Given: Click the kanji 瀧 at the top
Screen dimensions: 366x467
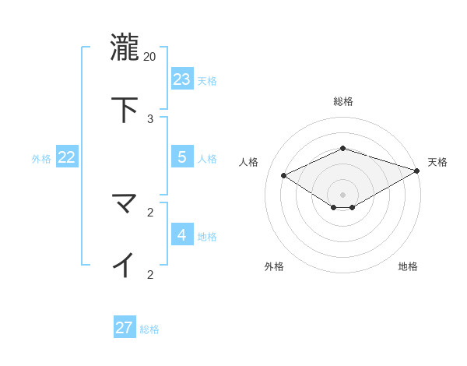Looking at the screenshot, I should click(x=125, y=47).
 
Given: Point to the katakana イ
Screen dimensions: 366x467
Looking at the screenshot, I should click(x=125, y=265).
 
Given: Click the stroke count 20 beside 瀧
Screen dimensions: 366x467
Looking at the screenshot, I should click(x=150, y=56).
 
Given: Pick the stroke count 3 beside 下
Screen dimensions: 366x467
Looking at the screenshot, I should click(x=150, y=118).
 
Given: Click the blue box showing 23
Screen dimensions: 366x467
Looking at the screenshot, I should click(x=182, y=79).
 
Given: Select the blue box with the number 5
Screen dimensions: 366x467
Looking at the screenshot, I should click(x=182, y=157).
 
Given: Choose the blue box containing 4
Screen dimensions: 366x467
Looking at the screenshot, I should click(x=182, y=234).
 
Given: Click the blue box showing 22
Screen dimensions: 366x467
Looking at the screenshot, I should click(x=67, y=157).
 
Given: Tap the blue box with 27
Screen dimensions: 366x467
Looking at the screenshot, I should click(x=125, y=327).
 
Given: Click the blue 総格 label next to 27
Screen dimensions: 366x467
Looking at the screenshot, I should click(x=150, y=329).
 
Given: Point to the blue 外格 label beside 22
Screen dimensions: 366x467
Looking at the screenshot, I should click(x=41, y=159).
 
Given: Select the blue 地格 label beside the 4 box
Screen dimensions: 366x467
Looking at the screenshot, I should click(x=207, y=237).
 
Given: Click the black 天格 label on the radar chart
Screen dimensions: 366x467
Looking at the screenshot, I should click(x=437, y=162).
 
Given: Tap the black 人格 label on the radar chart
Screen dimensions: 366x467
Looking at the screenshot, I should click(x=249, y=162).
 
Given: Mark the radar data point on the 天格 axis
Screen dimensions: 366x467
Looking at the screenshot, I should click(x=417, y=171).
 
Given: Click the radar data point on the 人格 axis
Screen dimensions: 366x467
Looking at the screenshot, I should click(x=284, y=175).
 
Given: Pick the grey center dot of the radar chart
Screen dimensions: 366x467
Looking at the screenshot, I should click(x=342, y=194).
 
